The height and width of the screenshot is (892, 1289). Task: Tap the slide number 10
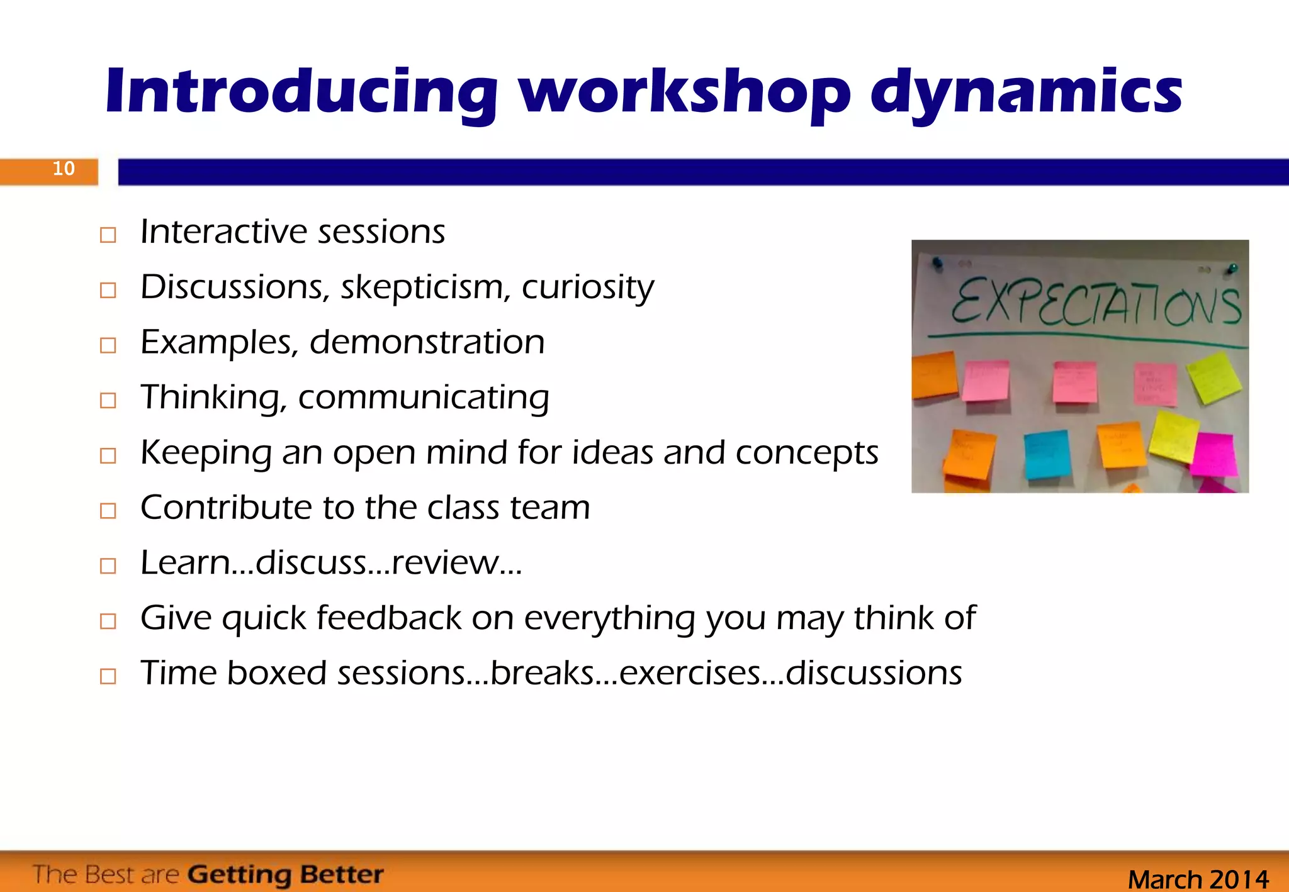(x=64, y=169)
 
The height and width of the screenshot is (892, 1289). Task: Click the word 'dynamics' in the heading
(x=1026, y=93)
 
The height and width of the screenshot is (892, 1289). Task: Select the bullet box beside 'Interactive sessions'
(x=108, y=235)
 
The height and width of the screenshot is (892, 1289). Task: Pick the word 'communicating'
(x=424, y=398)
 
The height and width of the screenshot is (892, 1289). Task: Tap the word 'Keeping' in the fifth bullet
(x=205, y=453)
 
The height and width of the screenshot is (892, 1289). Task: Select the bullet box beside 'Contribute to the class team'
(x=108, y=511)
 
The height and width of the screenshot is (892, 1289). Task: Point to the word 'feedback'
(x=389, y=618)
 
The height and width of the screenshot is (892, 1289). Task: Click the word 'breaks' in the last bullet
(x=542, y=673)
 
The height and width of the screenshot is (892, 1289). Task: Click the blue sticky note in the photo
(x=1047, y=454)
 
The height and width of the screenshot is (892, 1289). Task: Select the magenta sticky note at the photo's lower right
(x=1213, y=454)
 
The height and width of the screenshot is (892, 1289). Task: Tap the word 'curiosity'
(x=587, y=287)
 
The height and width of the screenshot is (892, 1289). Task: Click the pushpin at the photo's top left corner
(x=938, y=262)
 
